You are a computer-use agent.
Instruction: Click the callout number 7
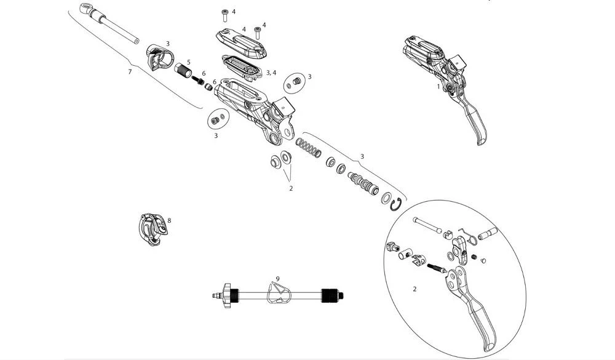tap(130, 72)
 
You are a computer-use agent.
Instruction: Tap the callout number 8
tap(169, 220)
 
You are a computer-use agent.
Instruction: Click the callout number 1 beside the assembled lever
tap(438, 87)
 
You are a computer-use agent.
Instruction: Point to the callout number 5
tap(189, 62)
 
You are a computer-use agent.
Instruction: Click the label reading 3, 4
tap(270, 73)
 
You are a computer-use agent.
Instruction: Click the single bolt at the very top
tap(225, 13)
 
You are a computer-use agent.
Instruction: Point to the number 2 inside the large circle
tap(415, 288)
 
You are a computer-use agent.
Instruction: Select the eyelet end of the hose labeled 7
tap(86, 10)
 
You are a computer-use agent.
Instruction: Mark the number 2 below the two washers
tap(291, 188)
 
